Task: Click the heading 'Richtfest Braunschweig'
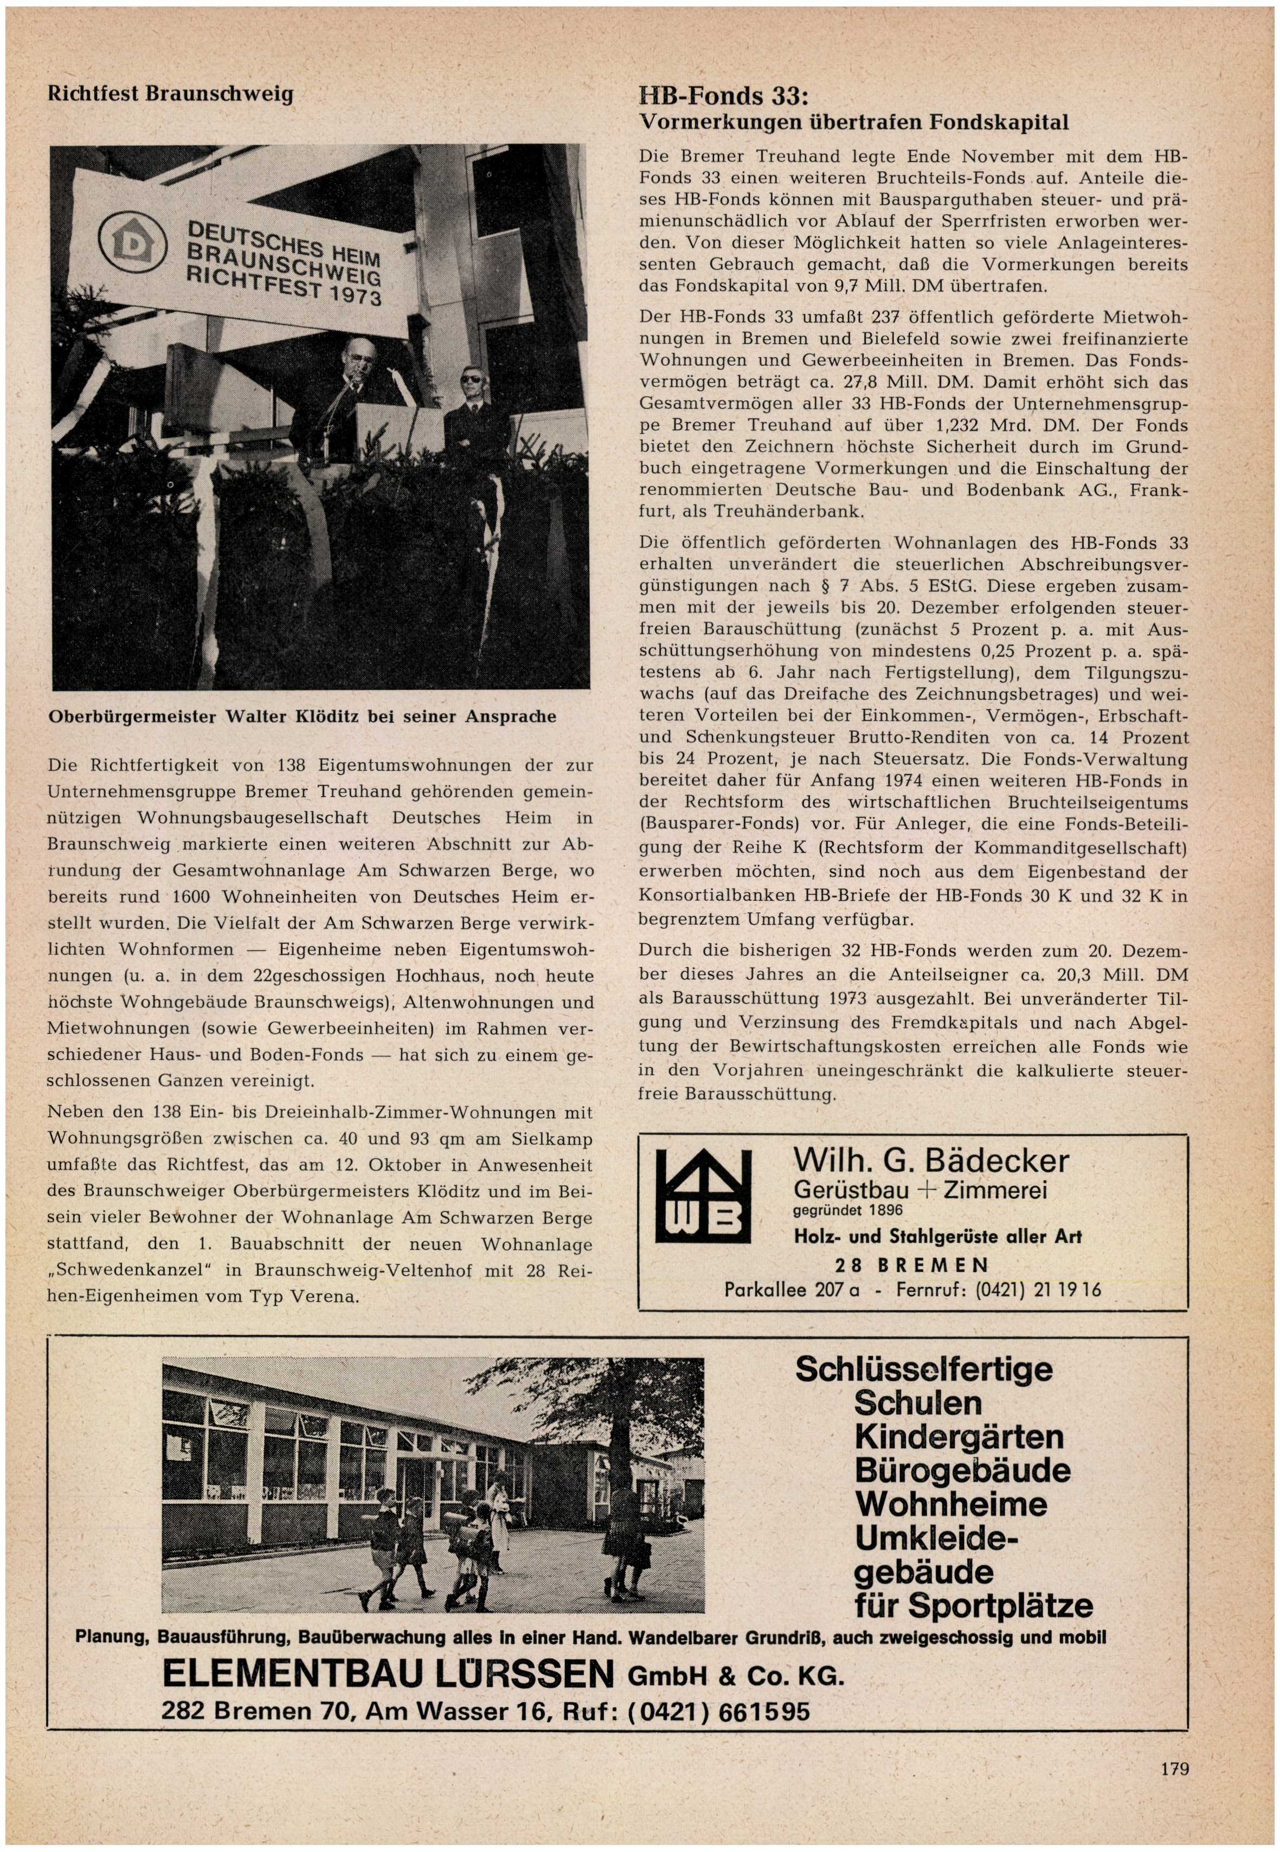(170, 94)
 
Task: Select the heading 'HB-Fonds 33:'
(723, 96)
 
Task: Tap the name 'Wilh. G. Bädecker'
(930, 1160)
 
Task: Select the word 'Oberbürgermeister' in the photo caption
(132, 716)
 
